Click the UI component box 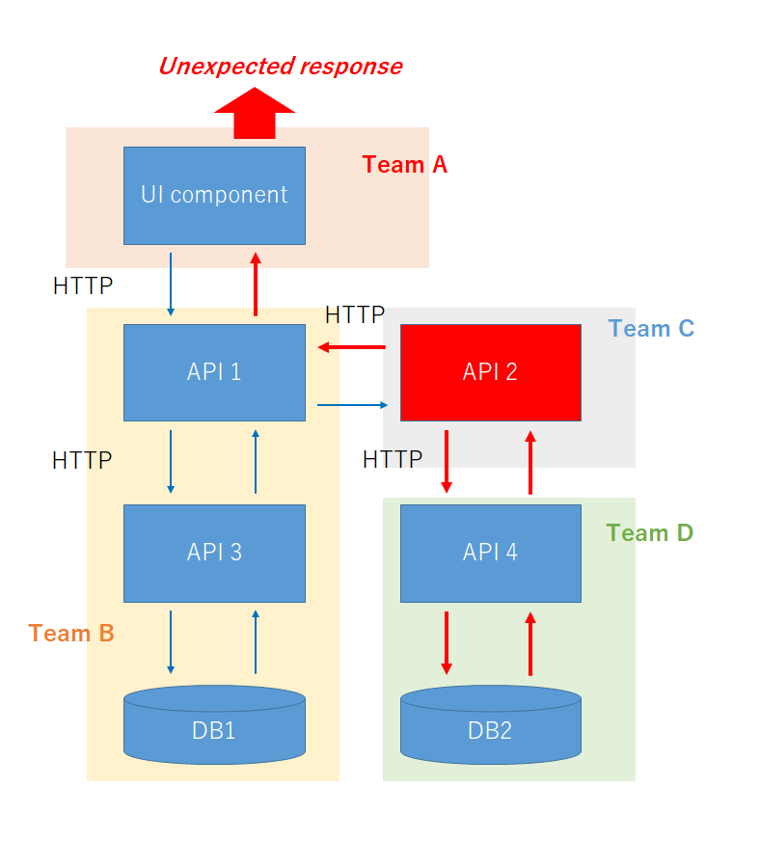(214, 196)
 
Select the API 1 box (214, 372)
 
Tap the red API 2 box (491, 372)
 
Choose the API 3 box (214, 553)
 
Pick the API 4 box (491, 553)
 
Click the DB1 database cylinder (214, 724)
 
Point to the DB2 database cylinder (491, 724)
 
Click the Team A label (405, 164)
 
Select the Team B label (71, 634)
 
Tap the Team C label (652, 328)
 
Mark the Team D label (650, 532)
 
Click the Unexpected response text (281, 67)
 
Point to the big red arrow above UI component (255, 113)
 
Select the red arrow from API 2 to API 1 (351, 347)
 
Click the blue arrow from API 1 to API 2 (353, 405)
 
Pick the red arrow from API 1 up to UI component (256, 285)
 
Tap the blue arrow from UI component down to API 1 (171, 285)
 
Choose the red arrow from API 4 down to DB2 (447, 643)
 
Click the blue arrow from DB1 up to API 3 (256, 642)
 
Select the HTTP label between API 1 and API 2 (355, 314)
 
